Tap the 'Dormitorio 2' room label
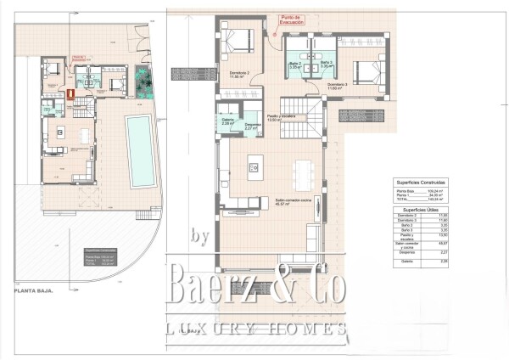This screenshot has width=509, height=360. pyautogui.click(x=242, y=75)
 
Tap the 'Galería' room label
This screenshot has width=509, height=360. pyautogui.click(x=227, y=121)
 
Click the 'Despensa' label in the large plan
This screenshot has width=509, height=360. pyautogui.click(x=252, y=127)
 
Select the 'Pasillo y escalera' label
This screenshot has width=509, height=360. pyautogui.click(x=280, y=118)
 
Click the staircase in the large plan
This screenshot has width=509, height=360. pyautogui.click(x=313, y=115)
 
